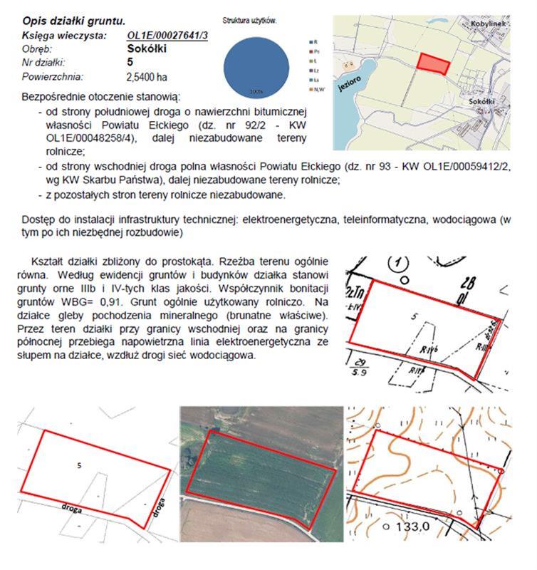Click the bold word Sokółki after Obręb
tap(147, 49)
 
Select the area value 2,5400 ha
tap(147, 76)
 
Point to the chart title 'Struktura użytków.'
tap(250, 22)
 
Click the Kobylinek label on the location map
tap(488, 24)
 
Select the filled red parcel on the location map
tap(434, 64)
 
